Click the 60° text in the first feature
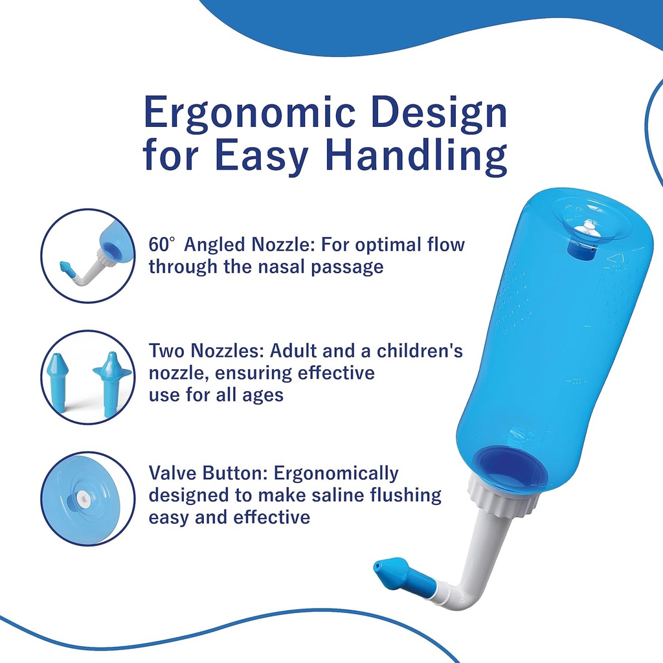[x=162, y=245]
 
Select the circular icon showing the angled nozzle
[x=87, y=255]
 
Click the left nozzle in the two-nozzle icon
[x=57, y=381]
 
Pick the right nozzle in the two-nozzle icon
[x=111, y=383]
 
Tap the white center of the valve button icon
[x=83, y=499]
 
